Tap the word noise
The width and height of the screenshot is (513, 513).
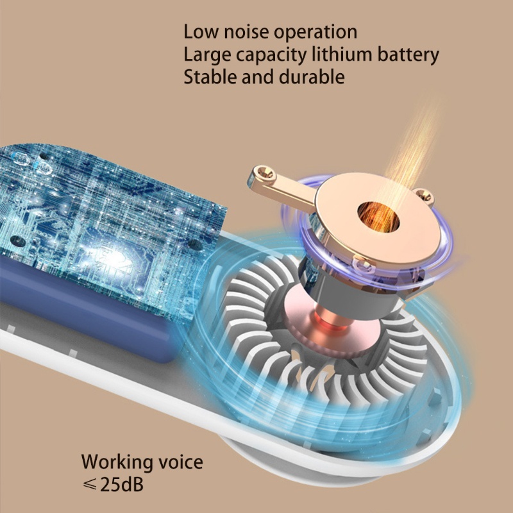[248, 31]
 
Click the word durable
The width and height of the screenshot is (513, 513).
[313, 77]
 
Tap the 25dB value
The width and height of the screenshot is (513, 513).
[122, 484]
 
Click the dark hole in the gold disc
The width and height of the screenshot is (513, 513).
[378, 215]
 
